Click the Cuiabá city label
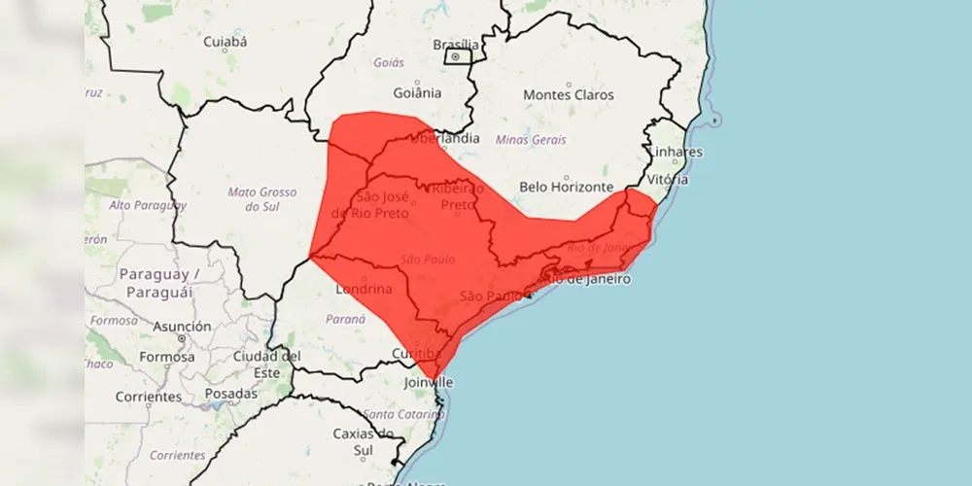tap(226, 42)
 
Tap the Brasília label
tap(455, 44)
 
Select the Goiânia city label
tap(418, 94)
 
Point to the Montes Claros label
tap(569, 95)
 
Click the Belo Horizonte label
tap(567, 187)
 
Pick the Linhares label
tap(676, 153)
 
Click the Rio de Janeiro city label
tap(586, 279)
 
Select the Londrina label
tap(364, 290)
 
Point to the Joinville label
tap(429, 383)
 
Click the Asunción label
tap(182, 327)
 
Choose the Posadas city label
tap(231, 394)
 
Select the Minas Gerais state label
tap(531, 140)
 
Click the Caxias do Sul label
tap(363, 441)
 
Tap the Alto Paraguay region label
tap(147, 205)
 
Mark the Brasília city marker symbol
tap(455, 56)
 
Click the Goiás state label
tap(389, 62)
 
